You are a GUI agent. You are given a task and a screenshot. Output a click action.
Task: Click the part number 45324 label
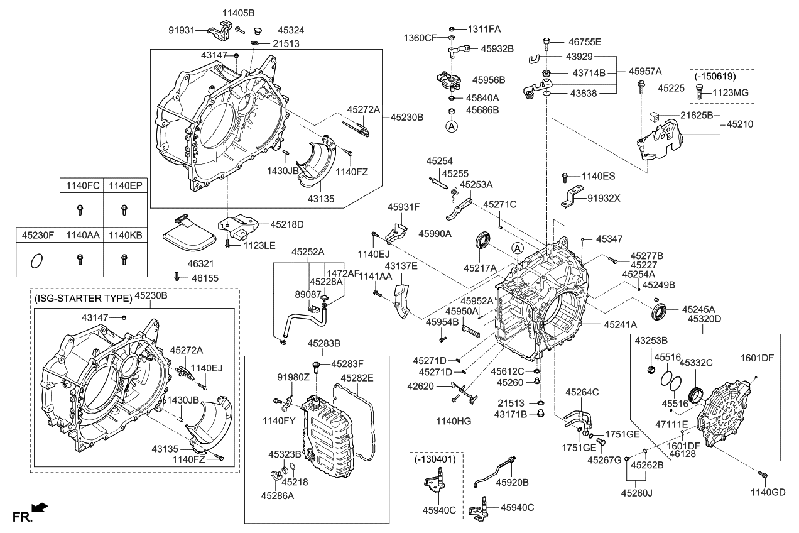point(291,30)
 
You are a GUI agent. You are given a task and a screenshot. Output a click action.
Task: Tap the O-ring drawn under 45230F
point(37,258)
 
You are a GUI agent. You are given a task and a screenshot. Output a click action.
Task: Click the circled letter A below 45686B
point(452,126)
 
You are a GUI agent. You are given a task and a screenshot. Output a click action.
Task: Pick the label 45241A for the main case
point(621,325)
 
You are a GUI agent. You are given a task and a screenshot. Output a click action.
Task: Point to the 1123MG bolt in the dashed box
point(702,93)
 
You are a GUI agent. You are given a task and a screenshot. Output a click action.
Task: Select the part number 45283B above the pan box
point(323,343)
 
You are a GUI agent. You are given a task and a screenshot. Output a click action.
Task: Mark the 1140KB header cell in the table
point(125,235)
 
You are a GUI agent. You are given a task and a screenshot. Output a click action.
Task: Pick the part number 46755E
point(585,42)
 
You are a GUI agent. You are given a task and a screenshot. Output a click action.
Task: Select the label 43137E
point(401,266)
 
